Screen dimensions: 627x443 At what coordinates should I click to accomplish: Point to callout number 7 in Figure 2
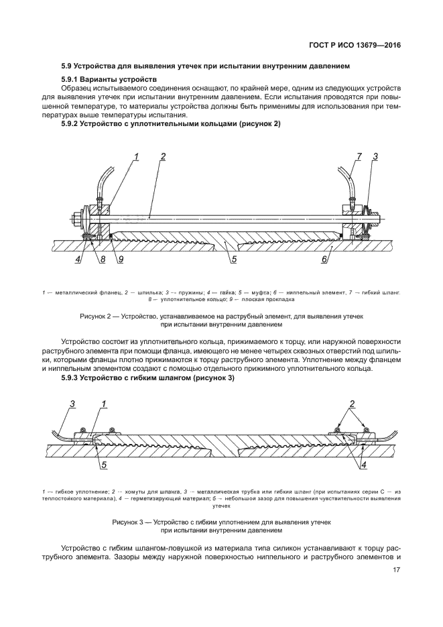point(359,156)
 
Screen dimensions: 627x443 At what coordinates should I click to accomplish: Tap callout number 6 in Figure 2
point(324,260)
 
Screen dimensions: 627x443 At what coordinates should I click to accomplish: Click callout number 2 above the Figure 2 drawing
point(162,156)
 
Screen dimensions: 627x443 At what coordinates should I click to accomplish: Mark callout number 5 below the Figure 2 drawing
point(234,260)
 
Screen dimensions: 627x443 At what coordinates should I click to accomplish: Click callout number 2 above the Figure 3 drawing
point(351,404)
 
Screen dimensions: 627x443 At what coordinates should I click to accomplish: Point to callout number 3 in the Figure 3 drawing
point(72,404)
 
